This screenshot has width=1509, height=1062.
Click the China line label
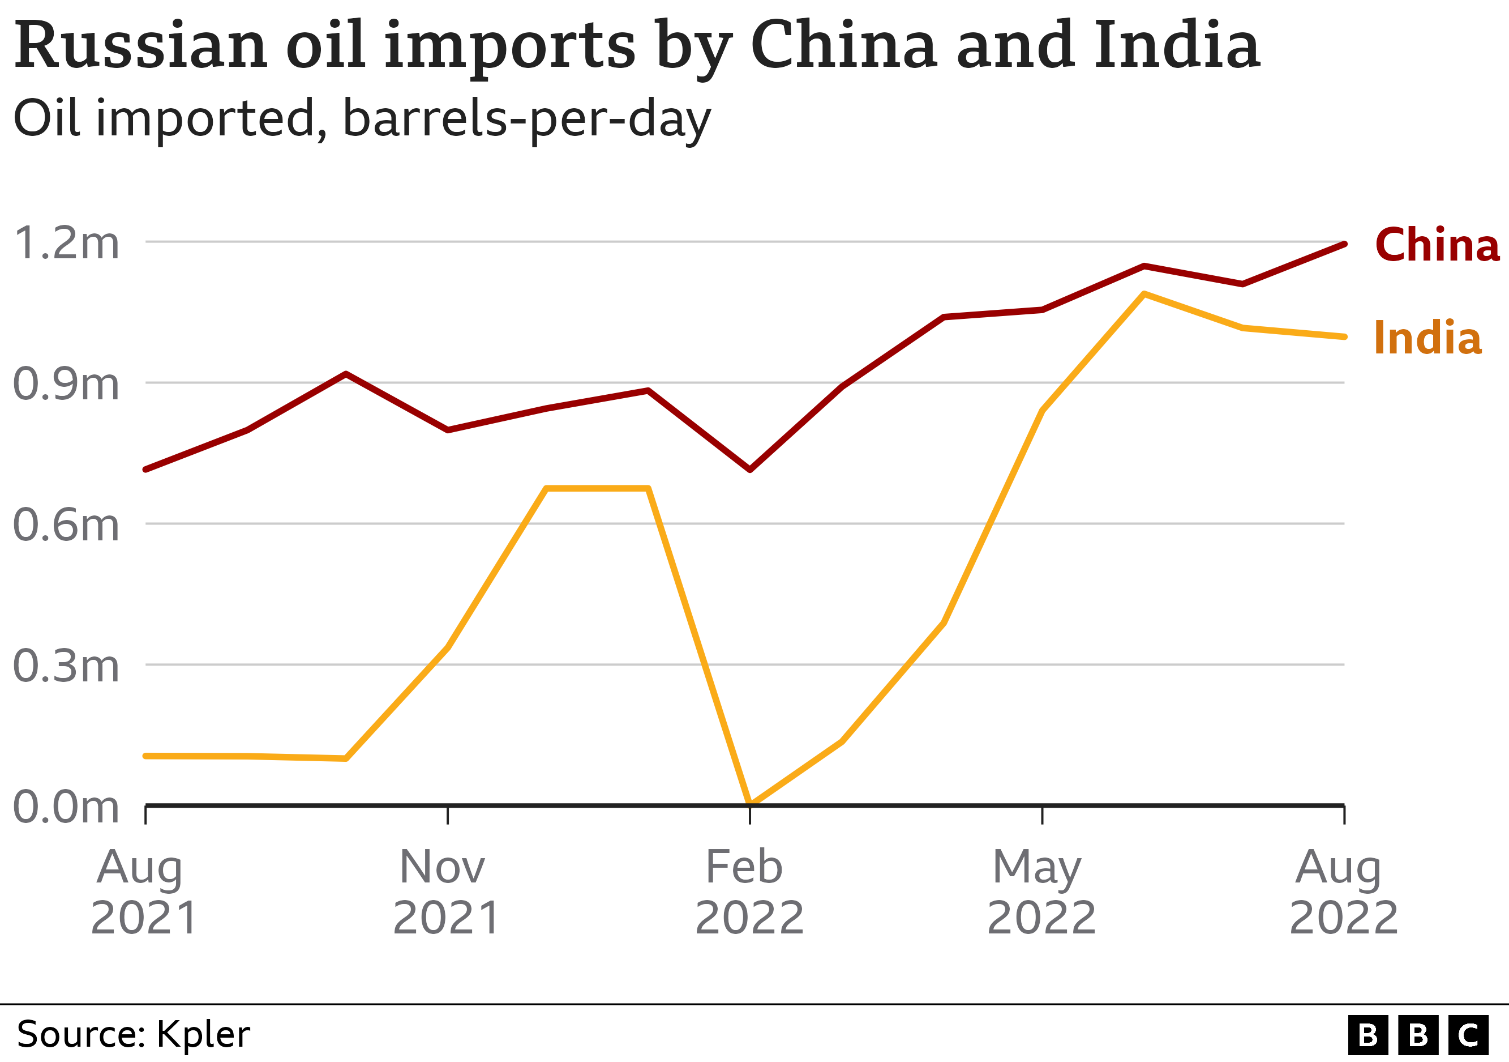(x=1436, y=245)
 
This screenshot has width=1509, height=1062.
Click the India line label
(x=1427, y=338)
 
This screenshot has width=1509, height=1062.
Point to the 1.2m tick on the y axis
(x=66, y=242)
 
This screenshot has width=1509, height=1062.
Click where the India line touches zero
(x=750, y=803)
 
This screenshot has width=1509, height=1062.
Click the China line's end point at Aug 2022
(x=1345, y=244)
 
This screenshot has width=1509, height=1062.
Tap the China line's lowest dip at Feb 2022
(x=750, y=470)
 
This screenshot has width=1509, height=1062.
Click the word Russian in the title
(x=140, y=45)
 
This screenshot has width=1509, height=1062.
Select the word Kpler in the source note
(x=203, y=1034)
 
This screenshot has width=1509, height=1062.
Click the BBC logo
(x=1418, y=1035)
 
